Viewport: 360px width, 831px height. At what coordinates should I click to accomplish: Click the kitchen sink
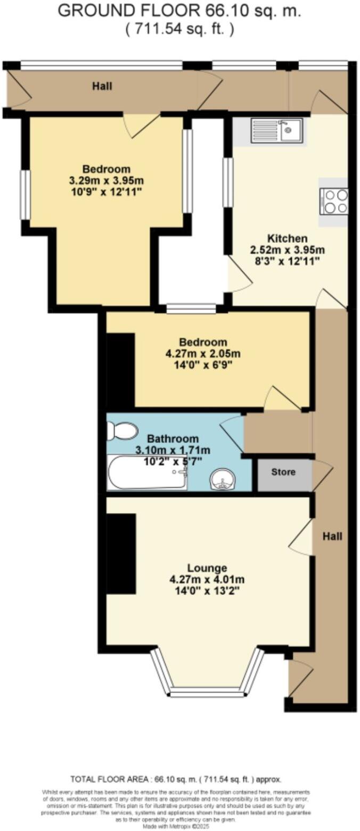coord(277,131)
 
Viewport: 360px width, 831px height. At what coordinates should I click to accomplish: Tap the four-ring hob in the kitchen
coord(334,201)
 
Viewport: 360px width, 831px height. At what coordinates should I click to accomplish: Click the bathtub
coord(146,472)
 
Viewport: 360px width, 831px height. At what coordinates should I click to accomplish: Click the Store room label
coord(283,472)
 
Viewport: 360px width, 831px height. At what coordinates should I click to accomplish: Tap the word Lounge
coord(207,568)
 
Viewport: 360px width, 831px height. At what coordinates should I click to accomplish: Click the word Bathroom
coord(173,439)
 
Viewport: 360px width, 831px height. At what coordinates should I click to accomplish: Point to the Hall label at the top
coord(102,86)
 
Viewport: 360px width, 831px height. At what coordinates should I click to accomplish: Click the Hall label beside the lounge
coord(332,536)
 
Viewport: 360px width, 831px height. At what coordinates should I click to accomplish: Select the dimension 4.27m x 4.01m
coord(207,580)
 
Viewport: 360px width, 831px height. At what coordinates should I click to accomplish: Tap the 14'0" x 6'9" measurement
coord(203,365)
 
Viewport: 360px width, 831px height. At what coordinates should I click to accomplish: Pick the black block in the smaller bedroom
coord(120,371)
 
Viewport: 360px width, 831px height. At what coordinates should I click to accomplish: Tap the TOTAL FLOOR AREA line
coord(176,779)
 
